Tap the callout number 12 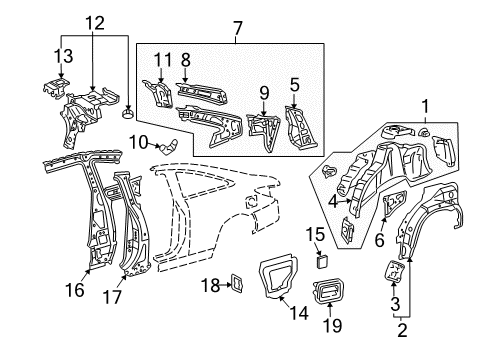pyautogui.click(x=93, y=22)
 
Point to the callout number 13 pyautogui.click(x=62, y=55)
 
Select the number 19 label pyautogui.click(x=332, y=325)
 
